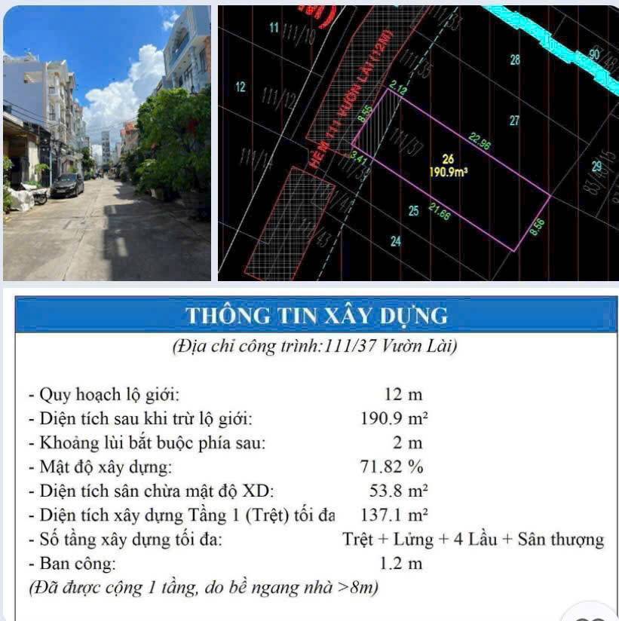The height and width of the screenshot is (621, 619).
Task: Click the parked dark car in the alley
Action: (x=67, y=185)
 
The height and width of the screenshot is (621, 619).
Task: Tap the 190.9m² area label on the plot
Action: (x=449, y=171)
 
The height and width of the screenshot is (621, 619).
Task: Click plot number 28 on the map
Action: (x=515, y=60)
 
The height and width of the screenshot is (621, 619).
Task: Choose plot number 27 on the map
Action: (x=514, y=120)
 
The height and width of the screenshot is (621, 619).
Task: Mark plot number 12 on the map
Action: (x=240, y=87)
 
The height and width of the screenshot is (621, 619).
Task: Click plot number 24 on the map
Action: (x=396, y=241)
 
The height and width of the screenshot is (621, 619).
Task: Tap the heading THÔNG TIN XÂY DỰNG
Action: (x=317, y=315)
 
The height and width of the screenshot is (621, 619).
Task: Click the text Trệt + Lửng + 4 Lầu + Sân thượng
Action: (x=473, y=539)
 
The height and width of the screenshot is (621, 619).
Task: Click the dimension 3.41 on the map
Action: (x=358, y=160)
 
